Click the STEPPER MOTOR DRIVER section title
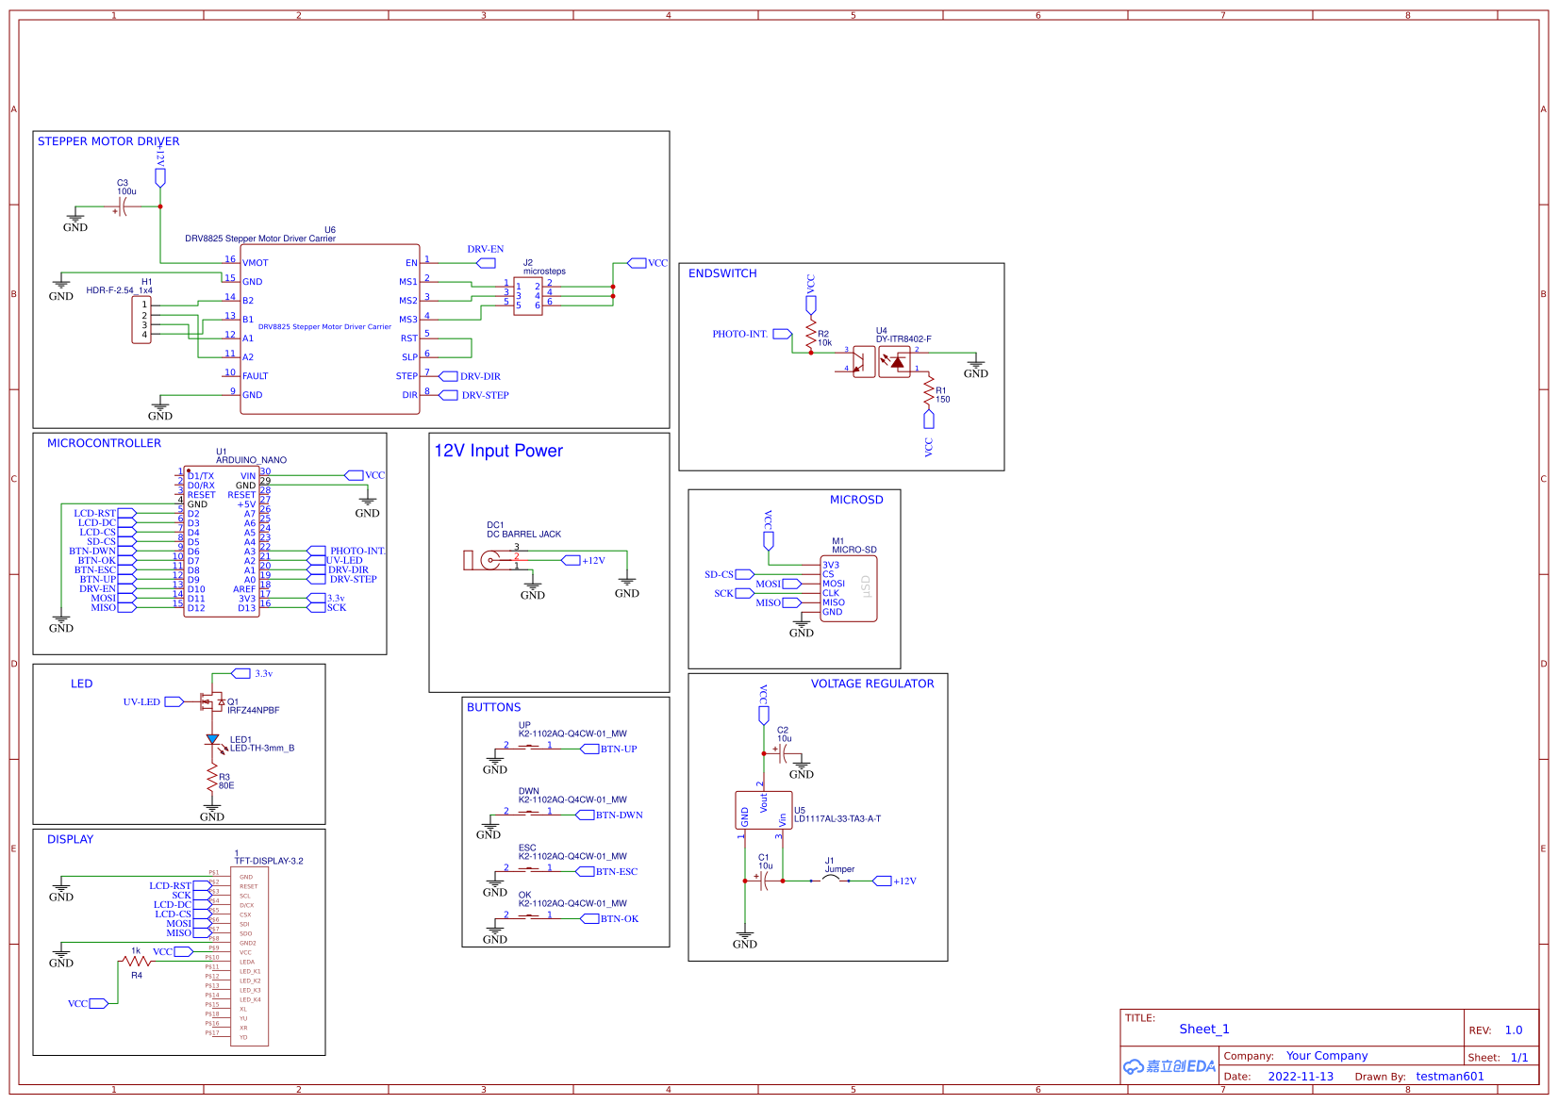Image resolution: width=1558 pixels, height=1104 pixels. [x=108, y=141]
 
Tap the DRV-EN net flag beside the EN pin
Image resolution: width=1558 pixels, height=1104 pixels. [x=486, y=263]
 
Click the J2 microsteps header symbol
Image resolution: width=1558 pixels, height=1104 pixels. [x=528, y=296]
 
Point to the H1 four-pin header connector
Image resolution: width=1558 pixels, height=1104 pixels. [x=141, y=320]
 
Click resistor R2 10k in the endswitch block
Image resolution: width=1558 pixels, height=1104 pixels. [x=810, y=335]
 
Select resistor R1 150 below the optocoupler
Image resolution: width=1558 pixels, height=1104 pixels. [x=929, y=390]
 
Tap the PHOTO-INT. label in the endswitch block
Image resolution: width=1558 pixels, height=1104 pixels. [x=740, y=334]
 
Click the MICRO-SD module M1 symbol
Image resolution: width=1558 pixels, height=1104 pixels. [x=849, y=588]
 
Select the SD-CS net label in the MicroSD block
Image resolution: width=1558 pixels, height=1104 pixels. [x=720, y=574]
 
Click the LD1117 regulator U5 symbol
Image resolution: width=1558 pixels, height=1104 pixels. [x=763, y=810]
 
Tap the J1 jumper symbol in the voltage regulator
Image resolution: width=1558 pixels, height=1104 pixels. [x=831, y=880]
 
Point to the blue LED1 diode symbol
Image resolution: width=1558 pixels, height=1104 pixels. [x=212, y=741]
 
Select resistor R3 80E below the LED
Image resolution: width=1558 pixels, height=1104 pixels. [x=212, y=780]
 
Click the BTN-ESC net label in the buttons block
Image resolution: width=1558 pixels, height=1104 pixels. [x=616, y=871]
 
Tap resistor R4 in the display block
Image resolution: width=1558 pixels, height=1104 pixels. [x=136, y=962]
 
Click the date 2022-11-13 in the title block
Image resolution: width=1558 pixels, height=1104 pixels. [x=1301, y=1077]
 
